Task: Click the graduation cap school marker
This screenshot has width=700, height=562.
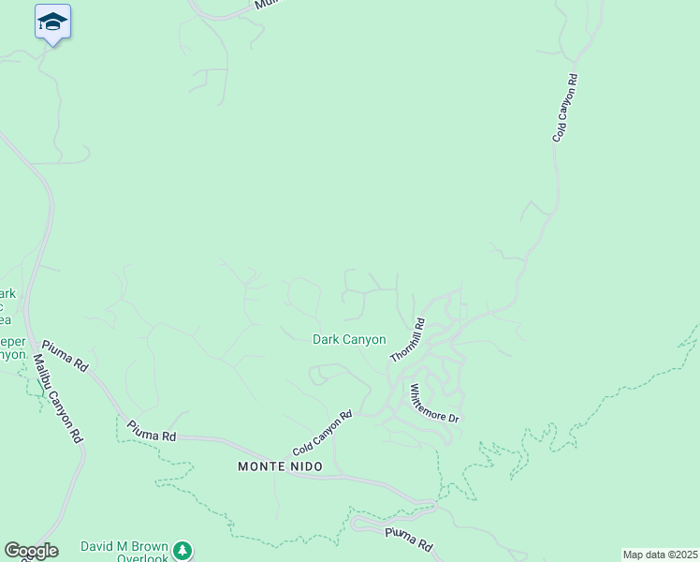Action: (53, 22)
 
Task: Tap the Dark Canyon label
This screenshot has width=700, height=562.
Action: (349, 339)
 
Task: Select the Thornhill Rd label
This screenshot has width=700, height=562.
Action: (408, 341)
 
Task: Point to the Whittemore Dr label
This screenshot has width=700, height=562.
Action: (434, 403)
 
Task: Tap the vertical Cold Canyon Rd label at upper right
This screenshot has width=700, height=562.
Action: (564, 109)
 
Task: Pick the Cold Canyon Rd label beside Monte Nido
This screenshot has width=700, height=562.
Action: (322, 432)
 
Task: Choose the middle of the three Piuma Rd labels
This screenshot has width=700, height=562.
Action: (152, 432)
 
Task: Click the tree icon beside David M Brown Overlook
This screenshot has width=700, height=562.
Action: (184, 550)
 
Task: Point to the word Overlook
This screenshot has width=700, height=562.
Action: (142, 558)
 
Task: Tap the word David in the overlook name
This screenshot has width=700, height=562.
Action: (97, 546)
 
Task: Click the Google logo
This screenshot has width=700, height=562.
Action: (31, 551)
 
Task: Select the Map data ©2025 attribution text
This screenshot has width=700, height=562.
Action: (660, 555)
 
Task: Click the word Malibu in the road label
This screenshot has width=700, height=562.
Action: (46, 370)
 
